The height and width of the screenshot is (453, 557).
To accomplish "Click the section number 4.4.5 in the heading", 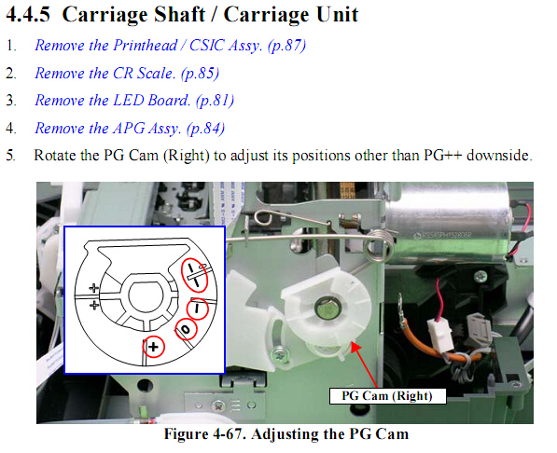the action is [x=28, y=15].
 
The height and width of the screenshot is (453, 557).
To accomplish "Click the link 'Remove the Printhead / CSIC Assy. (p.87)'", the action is [x=170, y=46].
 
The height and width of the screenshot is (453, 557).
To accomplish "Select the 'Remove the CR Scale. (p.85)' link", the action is [x=127, y=74].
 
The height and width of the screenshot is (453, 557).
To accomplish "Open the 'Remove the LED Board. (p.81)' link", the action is [x=134, y=101].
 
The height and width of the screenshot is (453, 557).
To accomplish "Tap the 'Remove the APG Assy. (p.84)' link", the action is [x=130, y=128].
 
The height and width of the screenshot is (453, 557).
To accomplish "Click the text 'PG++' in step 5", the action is [x=442, y=156].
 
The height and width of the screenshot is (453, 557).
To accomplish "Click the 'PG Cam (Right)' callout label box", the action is [x=387, y=396].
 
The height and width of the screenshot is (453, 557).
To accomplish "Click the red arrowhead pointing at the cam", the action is [x=355, y=347].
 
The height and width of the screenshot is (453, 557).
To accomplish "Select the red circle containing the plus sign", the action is [x=153, y=347].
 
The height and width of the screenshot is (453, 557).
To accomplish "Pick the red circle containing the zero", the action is [x=186, y=329].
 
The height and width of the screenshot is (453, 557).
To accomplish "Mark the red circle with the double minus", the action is [x=195, y=275].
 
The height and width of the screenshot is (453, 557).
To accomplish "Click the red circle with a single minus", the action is [x=198, y=309].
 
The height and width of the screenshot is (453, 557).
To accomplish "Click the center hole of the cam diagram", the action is [x=146, y=296].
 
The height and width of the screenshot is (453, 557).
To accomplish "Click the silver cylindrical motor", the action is [x=448, y=224].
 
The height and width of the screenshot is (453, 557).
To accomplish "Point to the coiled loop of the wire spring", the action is [x=380, y=246].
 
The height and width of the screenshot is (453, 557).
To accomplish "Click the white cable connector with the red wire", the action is [x=440, y=335].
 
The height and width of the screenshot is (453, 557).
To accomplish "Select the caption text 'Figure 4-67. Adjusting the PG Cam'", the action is [x=286, y=433].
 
